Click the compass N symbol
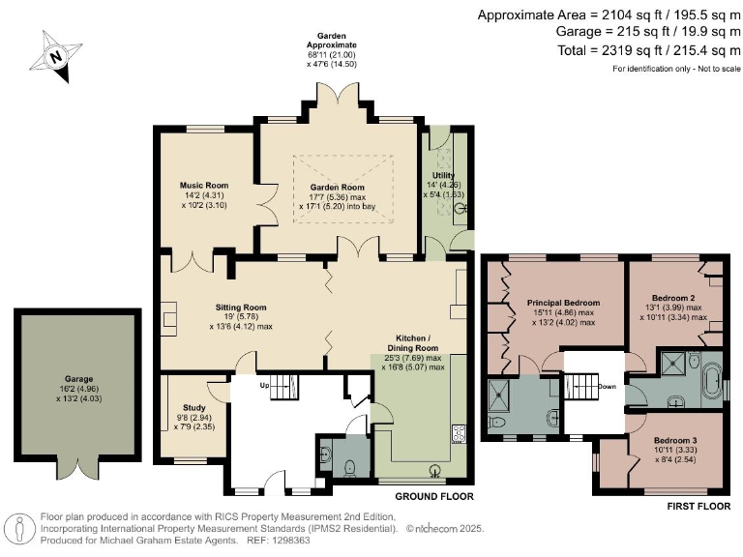pos(56,56)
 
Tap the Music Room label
pos(204,186)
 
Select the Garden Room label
pos(337,187)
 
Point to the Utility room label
pos(443,175)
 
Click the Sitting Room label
pos(241,308)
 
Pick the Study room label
pos(194,407)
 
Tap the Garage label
pos(78,379)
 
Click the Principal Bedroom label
pos(563,303)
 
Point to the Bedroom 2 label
pos(673,298)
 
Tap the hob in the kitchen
pos(459,433)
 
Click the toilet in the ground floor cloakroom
pos(349,468)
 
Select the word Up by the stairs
pos(264,385)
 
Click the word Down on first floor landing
pos(607,387)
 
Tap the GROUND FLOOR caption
pos(434,496)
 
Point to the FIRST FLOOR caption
pos(698,507)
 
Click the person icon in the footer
pos(19,528)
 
